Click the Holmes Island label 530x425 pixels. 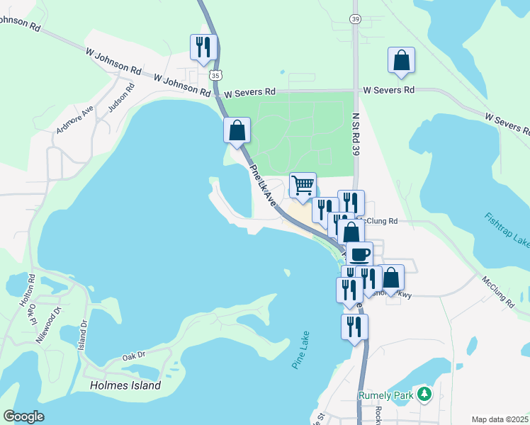click(125, 386)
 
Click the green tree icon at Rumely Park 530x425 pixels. click(424, 393)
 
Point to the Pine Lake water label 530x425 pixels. click(301, 353)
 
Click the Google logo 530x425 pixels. click(23, 416)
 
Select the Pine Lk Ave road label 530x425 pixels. click(262, 186)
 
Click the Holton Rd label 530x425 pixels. click(26, 293)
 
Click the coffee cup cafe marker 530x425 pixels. click(359, 254)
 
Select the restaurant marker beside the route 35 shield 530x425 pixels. click(202, 47)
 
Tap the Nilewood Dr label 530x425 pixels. click(50, 325)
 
